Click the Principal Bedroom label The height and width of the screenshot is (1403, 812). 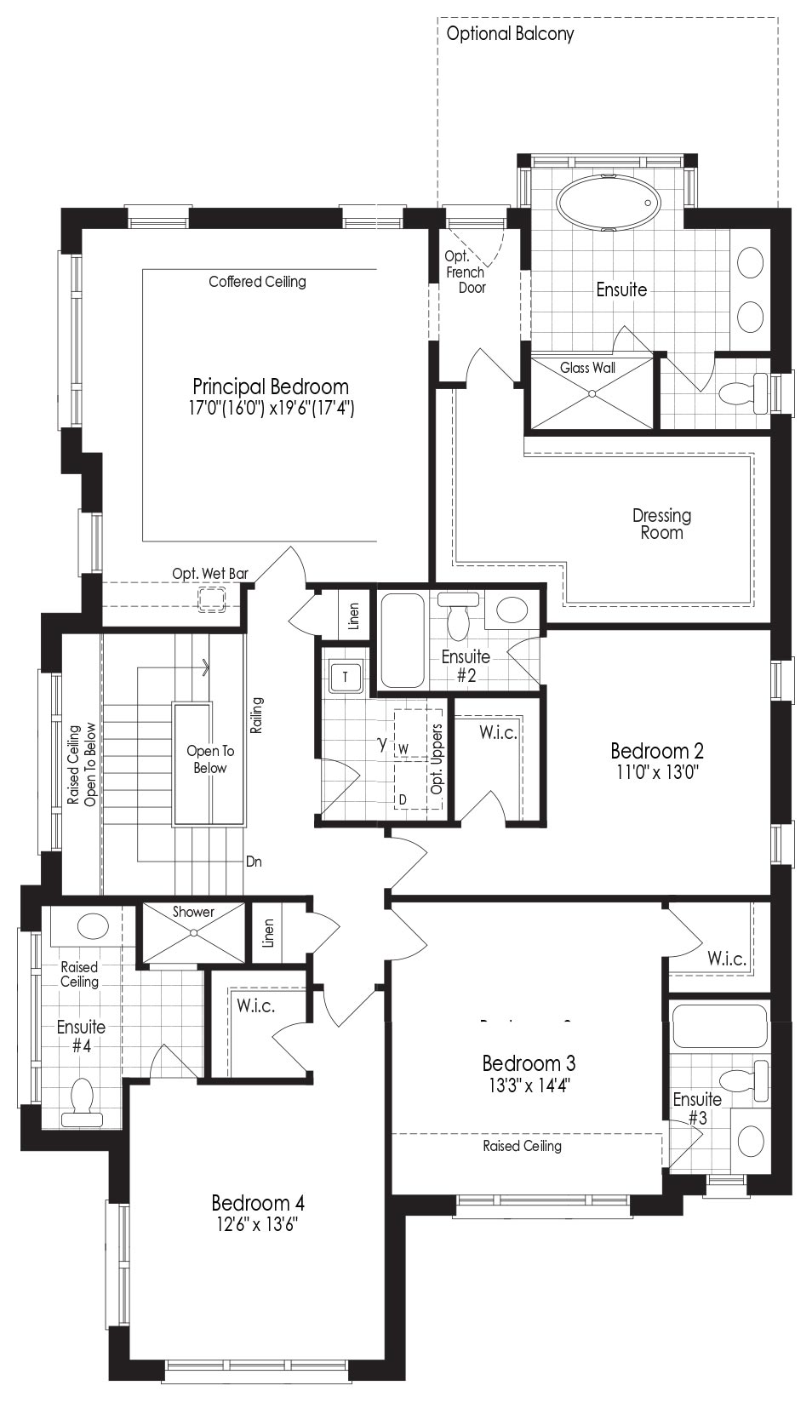(x=271, y=386)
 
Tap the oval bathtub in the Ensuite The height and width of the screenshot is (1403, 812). (x=609, y=203)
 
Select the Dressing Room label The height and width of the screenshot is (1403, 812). (x=661, y=524)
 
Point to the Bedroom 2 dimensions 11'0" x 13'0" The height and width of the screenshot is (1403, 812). (x=657, y=771)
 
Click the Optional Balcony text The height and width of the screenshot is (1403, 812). (x=510, y=33)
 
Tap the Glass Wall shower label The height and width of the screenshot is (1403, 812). (x=588, y=368)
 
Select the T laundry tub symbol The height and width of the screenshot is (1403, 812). (x=346, y=677)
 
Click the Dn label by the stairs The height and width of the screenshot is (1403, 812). (x=254, y=862)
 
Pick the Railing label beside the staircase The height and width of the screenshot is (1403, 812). (x=257, y=715)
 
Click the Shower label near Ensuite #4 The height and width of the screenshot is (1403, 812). (x=193, y=912)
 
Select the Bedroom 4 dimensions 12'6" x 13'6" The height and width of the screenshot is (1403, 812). (x=257, y=1224)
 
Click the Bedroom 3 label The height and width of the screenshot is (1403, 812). (x=529, y=1063)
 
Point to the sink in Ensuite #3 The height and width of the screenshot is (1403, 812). (x=751, y=1141)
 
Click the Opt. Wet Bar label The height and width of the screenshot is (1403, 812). (x=210, y=573)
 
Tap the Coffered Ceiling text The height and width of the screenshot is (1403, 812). (x=257, y=282)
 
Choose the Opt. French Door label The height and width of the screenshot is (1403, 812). (x=466, y=272)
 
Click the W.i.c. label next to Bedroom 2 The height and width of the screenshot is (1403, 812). (x=498, y=732)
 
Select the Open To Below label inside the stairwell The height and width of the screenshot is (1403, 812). (x=210, y=759)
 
